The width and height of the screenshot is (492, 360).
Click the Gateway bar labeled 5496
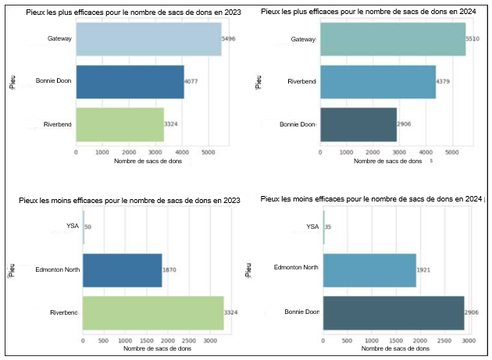click(148, 39)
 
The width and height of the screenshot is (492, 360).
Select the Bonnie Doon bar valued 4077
click(130, 81)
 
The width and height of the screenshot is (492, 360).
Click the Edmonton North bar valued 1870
click(122, 269)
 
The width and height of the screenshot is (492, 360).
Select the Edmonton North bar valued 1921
click(369, 269)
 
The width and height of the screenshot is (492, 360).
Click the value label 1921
click(425, 269)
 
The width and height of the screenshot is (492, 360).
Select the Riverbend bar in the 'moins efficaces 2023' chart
click(153, 312)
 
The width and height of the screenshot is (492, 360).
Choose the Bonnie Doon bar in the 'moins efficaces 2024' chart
click(394, 312)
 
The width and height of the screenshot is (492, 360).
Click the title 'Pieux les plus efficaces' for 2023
click(128, 12)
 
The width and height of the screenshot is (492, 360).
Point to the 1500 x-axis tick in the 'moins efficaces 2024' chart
click(395, 340)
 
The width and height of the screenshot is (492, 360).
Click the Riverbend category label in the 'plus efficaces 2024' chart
click(301, 81)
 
